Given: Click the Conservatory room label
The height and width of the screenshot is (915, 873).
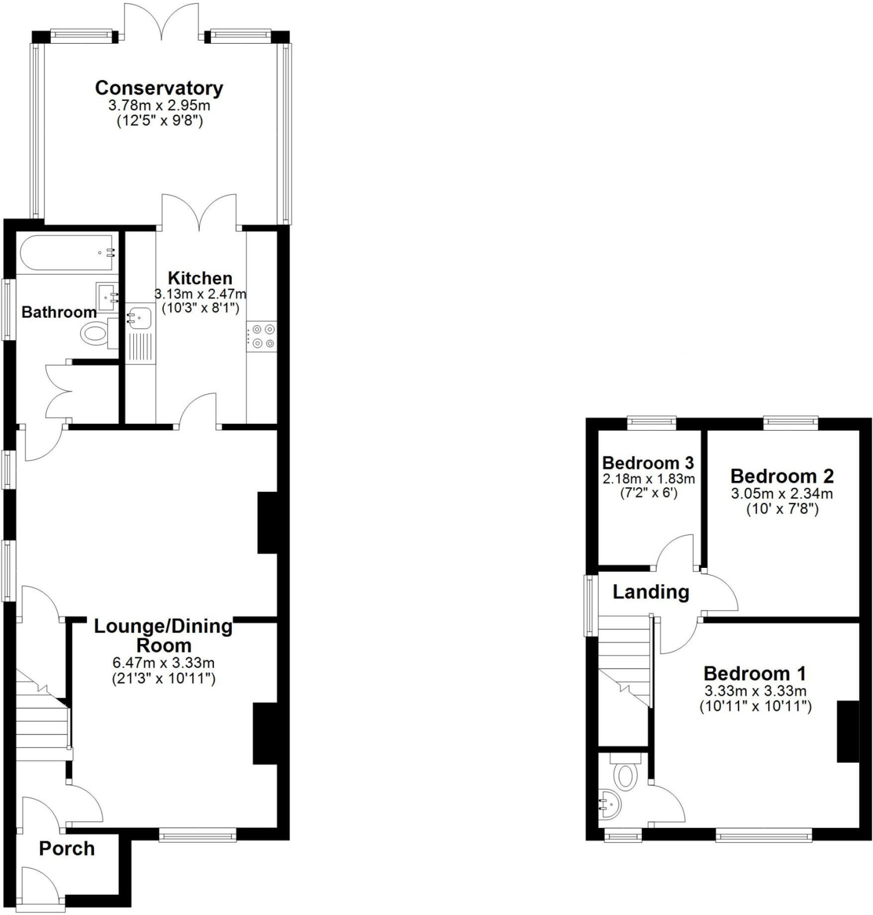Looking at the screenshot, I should [159, 88].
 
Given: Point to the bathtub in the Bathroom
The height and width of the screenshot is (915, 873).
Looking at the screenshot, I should [67, 253].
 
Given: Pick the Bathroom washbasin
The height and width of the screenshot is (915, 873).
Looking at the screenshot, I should [107, 296].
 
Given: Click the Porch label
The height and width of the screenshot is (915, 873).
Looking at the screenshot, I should [67, 849].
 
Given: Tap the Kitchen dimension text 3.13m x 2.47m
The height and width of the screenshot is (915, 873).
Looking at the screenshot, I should [200, 294].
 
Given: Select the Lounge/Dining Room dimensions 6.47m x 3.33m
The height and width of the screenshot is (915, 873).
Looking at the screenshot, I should [163, 664].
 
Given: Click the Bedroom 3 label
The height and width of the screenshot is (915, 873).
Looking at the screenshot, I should [648, 463].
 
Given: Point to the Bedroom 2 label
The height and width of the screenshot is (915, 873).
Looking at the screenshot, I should [782, 476].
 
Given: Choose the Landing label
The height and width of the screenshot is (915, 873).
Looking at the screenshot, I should [650, 592].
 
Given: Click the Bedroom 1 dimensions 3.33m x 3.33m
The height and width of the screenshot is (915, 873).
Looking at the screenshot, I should [755, 691].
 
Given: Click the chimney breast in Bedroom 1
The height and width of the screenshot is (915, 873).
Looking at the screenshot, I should [848, 731].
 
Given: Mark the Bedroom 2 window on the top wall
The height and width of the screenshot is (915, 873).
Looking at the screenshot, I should [791, 423].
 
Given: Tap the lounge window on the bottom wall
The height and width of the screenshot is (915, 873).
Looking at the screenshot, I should [197, 834].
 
